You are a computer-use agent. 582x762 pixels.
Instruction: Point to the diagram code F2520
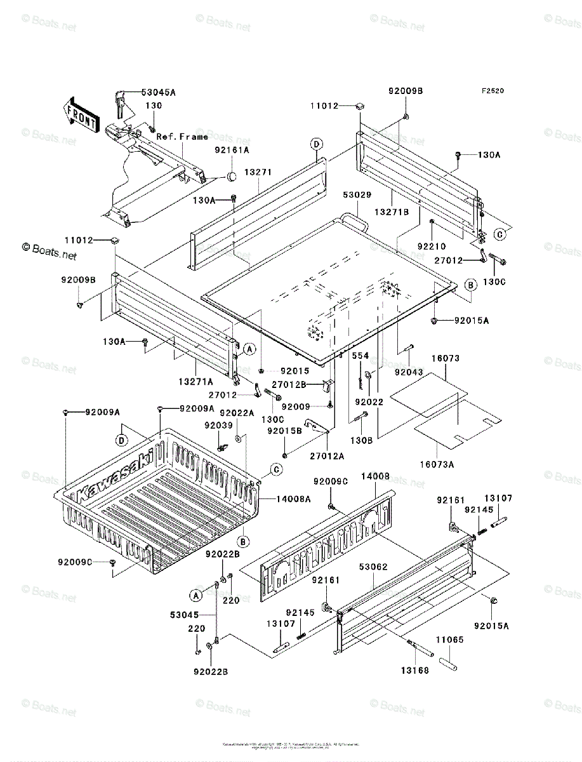click(x=492, y=91)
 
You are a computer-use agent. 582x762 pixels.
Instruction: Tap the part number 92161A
click(x=231, y=150)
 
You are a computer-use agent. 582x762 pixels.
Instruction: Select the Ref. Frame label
click(x=182, y=137)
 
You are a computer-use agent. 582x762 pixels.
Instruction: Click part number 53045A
click(x=159, y=92)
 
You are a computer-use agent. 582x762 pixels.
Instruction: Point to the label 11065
click(x=449, y=640)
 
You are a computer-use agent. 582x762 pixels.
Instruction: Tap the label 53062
click(x=373, y=566)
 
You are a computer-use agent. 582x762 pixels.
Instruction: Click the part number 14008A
click(x=293, y=499)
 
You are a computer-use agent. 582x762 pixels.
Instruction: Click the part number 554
click(x=360, y=356)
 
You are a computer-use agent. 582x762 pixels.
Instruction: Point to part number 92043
click(x=407, y=371)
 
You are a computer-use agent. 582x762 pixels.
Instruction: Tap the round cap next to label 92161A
click(x=232, y=176)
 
